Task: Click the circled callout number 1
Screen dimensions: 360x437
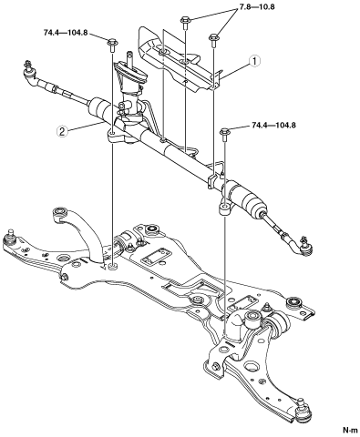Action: pyautogui.click(x=254, y=61)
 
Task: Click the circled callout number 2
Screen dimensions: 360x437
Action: pyautogui.click(x=62, y=131)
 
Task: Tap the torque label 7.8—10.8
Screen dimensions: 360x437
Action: pyautogui.click(x=254, y=6)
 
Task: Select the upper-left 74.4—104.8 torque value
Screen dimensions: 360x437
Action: pyautogui.click(x=66, y=33)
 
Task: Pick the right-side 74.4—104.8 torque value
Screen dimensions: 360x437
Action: pyautogui.click(x=273, y=125)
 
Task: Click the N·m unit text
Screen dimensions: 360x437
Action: pyautogui.click(x=350, y=430)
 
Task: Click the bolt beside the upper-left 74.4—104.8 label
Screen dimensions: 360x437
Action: pyautogui.click(x=112, y=45)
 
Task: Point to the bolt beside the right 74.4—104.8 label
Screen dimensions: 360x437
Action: pyautogui.click(x=225, y=135)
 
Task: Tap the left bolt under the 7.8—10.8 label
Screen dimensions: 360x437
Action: pyautogui.click(x=185, y=23)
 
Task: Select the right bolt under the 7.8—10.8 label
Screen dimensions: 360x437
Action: pyautogui.click(x=213, y=41)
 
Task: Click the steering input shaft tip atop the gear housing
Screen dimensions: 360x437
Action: pyautogui.click(x=130, y=56)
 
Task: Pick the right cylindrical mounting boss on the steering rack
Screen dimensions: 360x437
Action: pyautogui.click(x=224, y=209)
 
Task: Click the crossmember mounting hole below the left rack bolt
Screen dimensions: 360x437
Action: pyautogui.click(x=113, y=267)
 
